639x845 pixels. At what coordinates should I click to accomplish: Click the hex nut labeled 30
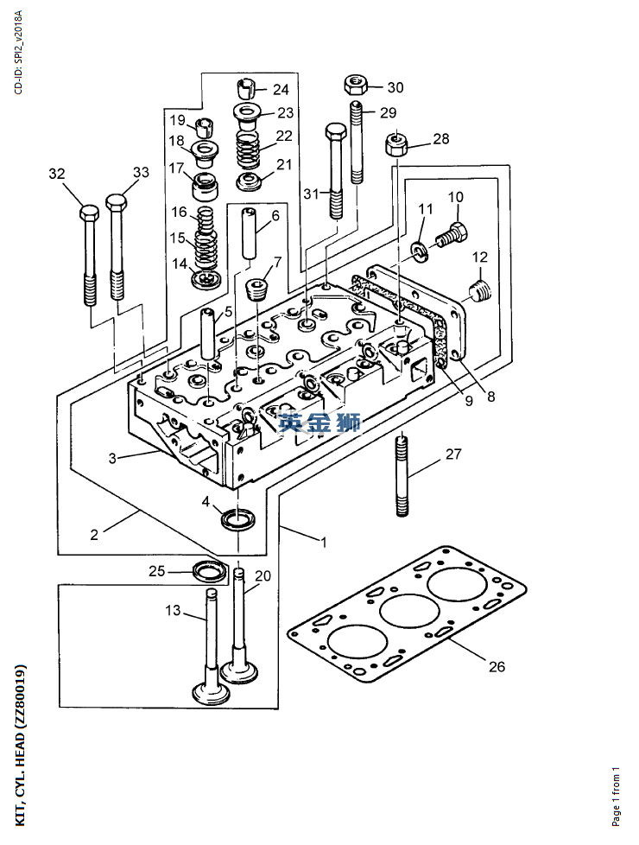[355, 85]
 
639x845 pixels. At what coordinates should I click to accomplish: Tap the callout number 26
[497, 667]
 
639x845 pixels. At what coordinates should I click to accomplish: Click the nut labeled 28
[396, 143]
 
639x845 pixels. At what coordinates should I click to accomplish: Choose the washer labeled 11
[419, 251]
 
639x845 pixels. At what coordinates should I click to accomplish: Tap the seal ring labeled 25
[211, 571]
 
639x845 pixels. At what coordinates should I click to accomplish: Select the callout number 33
[141, 173]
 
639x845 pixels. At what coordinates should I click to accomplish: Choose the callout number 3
[112, 458]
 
